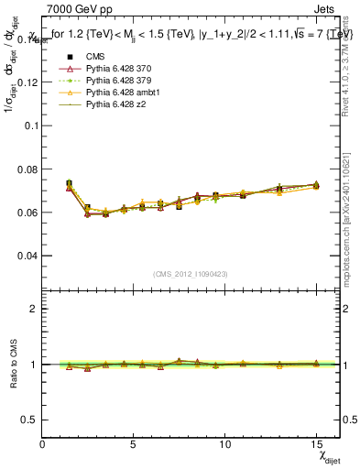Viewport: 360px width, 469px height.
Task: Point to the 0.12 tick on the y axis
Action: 29,82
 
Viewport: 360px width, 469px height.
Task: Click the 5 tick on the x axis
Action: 134,443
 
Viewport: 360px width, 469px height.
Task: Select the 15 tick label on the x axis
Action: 316,443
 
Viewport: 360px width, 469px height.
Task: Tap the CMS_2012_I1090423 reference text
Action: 191,274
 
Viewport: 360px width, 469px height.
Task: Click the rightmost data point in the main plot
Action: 316,185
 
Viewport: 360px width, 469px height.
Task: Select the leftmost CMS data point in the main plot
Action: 70,183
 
